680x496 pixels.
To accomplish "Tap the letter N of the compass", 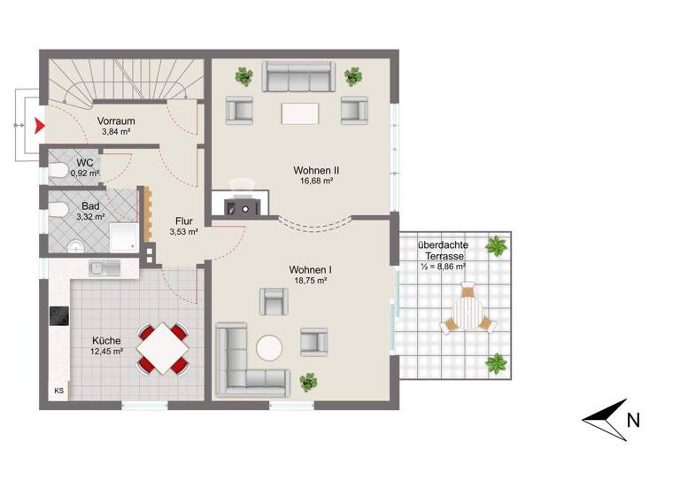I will tap(632, 422).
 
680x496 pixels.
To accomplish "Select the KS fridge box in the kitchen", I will tap(59, 391).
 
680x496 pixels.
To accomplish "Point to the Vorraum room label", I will tap(115, 120).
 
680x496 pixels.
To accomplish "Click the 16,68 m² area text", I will tap(316, 181).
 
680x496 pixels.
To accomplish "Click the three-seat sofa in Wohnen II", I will tap(297, 77).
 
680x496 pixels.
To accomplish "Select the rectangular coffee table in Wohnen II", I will tap(299, 113).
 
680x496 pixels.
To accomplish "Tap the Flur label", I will tap(184, 222).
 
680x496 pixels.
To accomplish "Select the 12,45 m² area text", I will tap(107, 351).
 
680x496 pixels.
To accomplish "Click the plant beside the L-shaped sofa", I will tap(308, 382).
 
